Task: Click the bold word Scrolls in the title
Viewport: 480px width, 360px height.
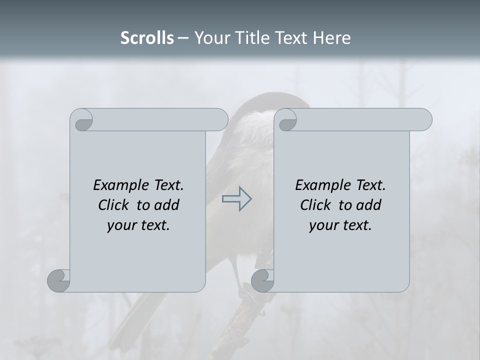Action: pyautogui.click(x=147, y=38)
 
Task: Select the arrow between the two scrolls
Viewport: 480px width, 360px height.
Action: pyautogui.click(x=236, y=198)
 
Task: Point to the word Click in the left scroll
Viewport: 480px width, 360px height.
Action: pyautogui.click(x=115, y=205)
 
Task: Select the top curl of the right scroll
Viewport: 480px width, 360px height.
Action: pyautogui.click(x=286, y=120)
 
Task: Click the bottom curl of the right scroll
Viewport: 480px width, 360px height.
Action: pyautogui.click(x=262, y=280)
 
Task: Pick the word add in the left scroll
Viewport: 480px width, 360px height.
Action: pyautogui.click(x=167, y=205)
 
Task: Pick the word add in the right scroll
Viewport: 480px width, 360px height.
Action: pyautogui.click(x=369, y=205)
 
